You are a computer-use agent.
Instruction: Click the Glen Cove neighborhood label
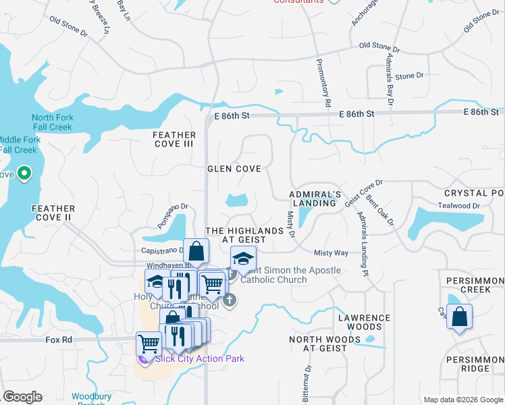[x=234, y=169]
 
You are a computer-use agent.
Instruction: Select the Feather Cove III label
[x=173, y=139]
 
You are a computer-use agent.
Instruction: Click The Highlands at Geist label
[x=244, y=235]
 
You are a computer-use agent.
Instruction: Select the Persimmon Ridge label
[x=476, y=364]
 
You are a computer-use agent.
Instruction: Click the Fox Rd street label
[x=59, y=340]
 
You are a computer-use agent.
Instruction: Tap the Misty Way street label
[x=331, y=252]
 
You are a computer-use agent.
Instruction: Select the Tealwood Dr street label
[x=458, y=206]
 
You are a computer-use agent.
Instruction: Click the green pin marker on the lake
[x=25, y=174]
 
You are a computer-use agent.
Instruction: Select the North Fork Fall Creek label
[x=53, y=122]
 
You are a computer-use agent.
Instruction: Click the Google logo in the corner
[x=22, y=397]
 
